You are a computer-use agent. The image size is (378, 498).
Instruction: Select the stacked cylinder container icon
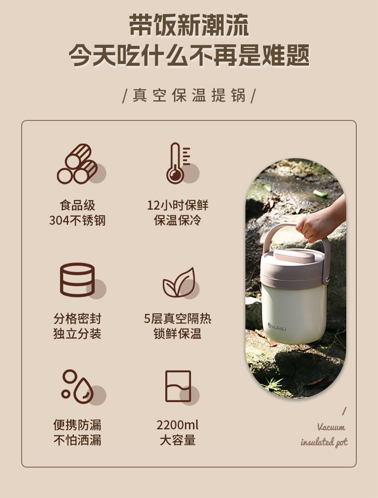[78, 280]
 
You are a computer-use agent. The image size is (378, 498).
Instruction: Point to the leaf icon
[179, 282]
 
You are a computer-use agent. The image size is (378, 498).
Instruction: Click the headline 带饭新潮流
[189, 25]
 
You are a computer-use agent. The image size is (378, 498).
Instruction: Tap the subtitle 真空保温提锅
[189, 95]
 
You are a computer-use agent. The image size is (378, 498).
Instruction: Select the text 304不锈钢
[77, 220]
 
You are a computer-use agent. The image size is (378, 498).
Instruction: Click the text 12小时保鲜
[178, 205]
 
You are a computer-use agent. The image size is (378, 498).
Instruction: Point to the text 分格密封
[77, 318]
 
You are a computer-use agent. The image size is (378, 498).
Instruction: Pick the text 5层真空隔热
[178, 318]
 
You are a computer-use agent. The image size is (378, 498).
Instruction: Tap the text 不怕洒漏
[77, 440]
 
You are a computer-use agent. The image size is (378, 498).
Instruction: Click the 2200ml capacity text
[178, 425]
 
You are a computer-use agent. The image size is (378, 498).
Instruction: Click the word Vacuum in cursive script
[331, 427]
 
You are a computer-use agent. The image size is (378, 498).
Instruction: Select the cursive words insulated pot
[324, 442]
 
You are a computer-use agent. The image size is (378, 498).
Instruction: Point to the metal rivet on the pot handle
[327, 280]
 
